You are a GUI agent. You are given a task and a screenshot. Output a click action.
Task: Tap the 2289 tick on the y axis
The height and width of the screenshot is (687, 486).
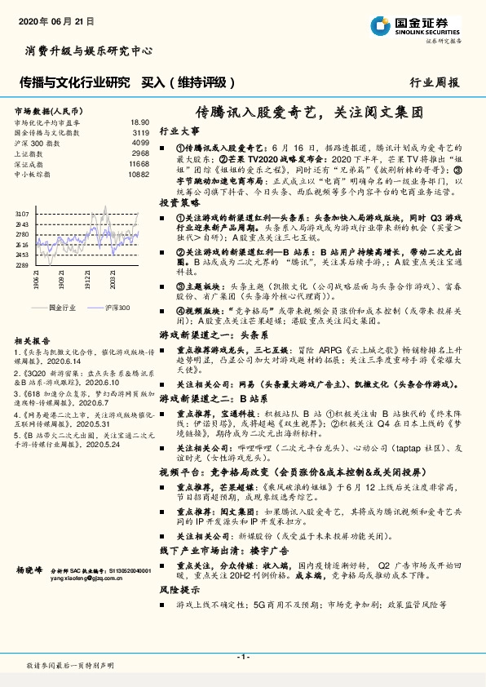click(22, 265)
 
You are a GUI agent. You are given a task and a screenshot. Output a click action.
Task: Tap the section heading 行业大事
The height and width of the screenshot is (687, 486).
click(179, 131)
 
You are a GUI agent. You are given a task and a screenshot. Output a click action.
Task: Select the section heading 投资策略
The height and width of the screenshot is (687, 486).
click(179, 201)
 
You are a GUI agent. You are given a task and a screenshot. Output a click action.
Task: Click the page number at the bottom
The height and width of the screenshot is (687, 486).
click(242, 657)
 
